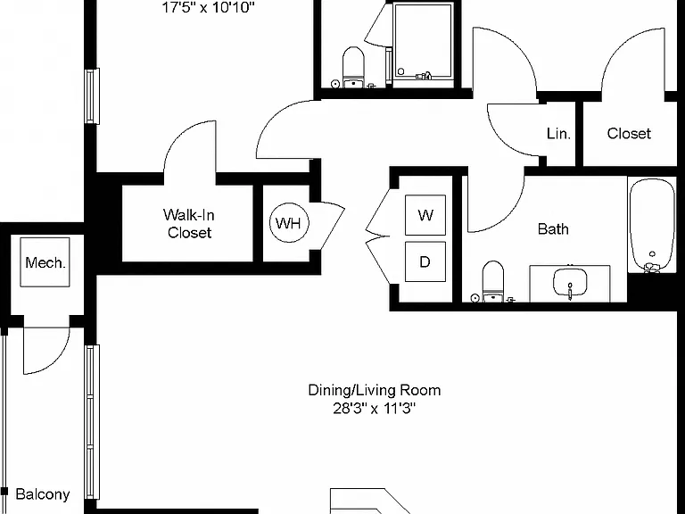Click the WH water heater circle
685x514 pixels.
[x=289, y=223]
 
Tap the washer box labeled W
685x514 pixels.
[x=425, y=215]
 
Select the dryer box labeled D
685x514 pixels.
[x=425, y=261]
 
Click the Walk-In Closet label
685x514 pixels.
[x=189, y=223]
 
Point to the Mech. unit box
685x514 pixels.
[x=45, y=262]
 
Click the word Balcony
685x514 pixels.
[x=43, y=493]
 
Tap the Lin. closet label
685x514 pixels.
[x=558, y=133]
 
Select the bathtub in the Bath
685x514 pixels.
[x=652, y=226]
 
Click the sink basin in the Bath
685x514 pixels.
[x=570, y=282]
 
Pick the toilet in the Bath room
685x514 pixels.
[x=493, y=281]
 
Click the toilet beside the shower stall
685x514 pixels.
[x=353, y=67]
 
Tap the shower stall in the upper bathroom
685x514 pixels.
[x=423, y=42]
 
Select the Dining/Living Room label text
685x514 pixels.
[x=375, y=390]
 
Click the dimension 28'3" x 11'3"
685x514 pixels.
[x=375, y=408]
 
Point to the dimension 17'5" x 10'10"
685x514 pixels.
[x=209, y=7]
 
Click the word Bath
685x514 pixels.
[x=553, y=228]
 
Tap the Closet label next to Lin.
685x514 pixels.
[x=629, y=133]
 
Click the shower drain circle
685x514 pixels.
[x=400, y=71]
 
